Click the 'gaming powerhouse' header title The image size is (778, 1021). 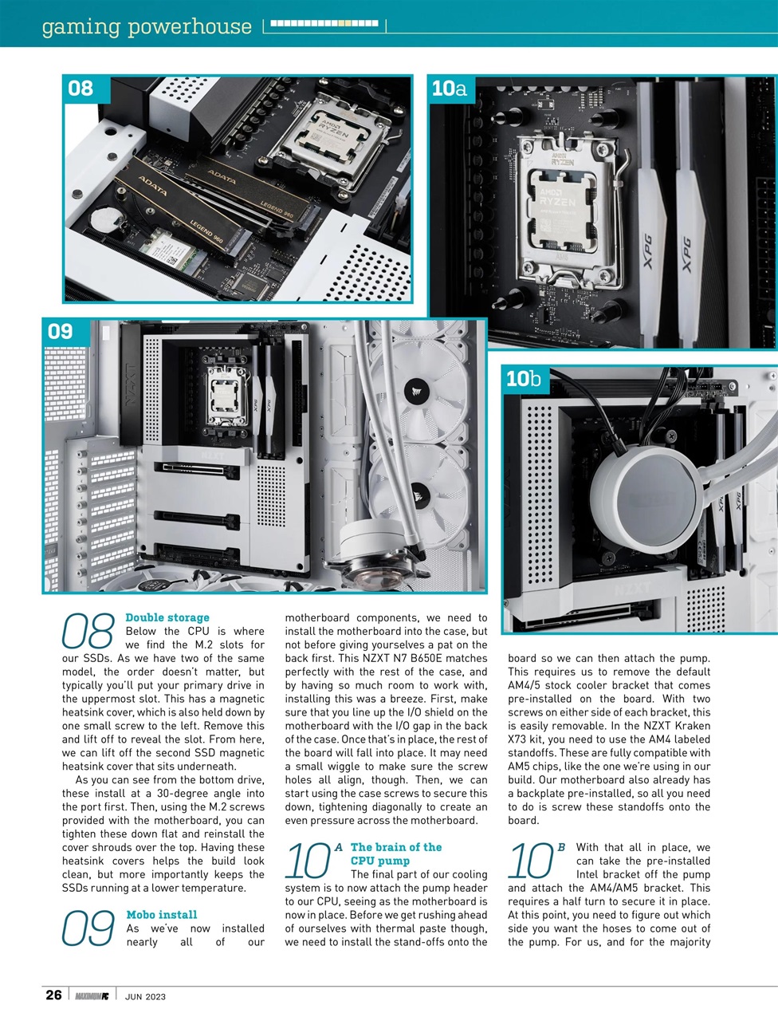147,26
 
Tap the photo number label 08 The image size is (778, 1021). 81,89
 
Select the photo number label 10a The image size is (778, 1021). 450,89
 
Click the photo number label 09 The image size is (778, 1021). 61,331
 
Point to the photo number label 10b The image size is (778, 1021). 523,379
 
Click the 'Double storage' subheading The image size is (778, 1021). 167,617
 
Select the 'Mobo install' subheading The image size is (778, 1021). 162,915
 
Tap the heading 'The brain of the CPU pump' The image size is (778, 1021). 395,853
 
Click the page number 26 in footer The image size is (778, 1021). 53,995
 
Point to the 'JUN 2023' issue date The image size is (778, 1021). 146,996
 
